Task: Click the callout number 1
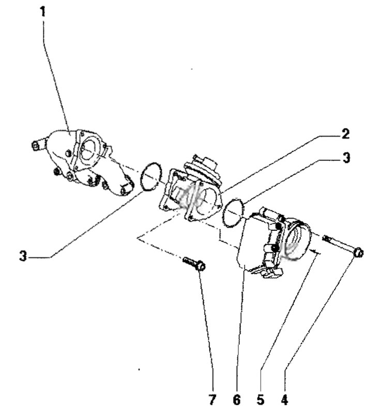42,12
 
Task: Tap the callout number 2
346,134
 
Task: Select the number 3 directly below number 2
346,158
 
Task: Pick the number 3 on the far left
23,256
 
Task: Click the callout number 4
284,400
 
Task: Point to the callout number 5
261,400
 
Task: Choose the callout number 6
236,400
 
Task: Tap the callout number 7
212,400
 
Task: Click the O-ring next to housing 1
151,176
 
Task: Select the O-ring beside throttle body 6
233,212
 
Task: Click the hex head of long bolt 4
358,253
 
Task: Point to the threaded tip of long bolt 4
326,238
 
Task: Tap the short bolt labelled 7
194,263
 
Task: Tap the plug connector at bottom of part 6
268,272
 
